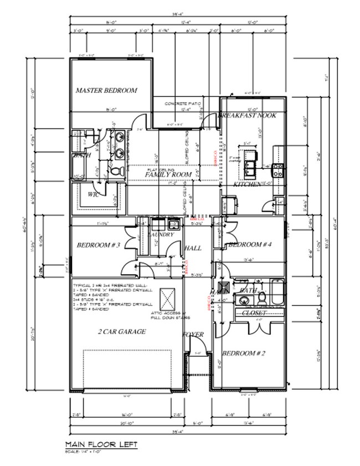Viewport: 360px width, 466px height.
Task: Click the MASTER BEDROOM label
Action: pyautogui.click(x=106, y=90)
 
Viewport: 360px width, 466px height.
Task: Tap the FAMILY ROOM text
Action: pyautogui.click(x=168, y=175)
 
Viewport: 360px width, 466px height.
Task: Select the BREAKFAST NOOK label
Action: pyautogui.click(x=247, y=115)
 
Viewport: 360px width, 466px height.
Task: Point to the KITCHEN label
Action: pyautogui.click(x=247, y=184)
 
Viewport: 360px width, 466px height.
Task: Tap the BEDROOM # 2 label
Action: pyautogui.click(x=241, y=353)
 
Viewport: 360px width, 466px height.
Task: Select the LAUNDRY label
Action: pyautogui.click(x=161, y=235)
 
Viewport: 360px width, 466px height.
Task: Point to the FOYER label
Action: pyautogui.click(x=193, y=334)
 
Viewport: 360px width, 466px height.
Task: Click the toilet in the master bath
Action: pyautogui.click(x=116, y=173)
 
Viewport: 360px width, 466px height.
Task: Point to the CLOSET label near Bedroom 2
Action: pyautogui.click(x=254, y=313)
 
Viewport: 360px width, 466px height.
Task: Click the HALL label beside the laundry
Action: pyautogui.click(x=192, y=248)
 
